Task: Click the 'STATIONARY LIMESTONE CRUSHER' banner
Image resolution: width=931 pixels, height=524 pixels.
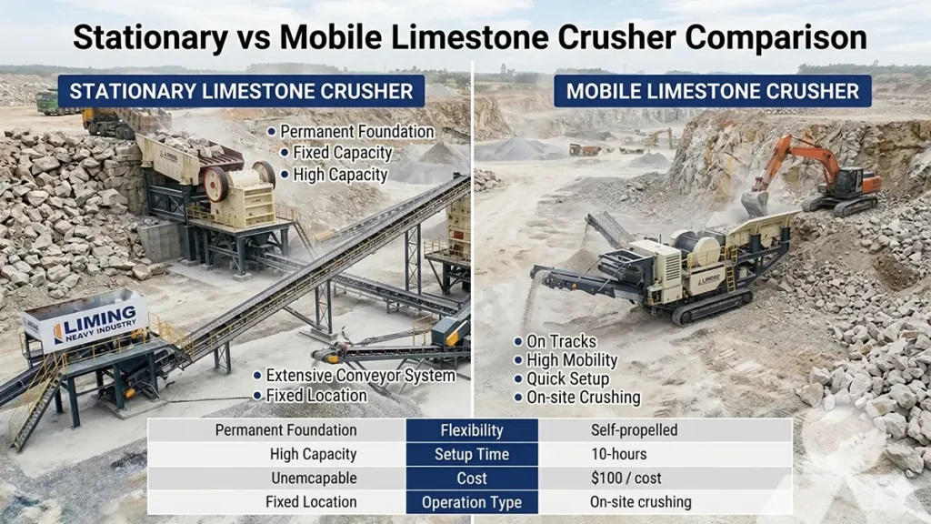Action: (x=241, y=91)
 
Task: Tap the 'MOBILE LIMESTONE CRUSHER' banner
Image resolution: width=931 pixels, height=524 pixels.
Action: (x=712, y=91)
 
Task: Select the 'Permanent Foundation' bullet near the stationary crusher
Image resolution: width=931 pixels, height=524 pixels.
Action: (x=356, y=132)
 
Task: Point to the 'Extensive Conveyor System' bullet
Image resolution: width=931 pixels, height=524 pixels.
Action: (x=360, y=376)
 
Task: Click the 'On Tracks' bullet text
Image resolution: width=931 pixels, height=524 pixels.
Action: (x=561, y=341)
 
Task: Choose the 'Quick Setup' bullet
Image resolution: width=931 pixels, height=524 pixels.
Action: (x=567, y=378)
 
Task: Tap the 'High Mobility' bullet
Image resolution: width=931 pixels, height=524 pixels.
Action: (x=572, y=360)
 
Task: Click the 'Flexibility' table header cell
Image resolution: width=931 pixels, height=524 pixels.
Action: (x=472, y=430)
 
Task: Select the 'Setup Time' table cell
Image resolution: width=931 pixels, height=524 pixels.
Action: (x=472, y=454)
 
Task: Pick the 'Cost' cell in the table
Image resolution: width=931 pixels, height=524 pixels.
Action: (x=472, y=478)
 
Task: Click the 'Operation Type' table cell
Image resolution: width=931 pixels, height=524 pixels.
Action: (x=472, y=502)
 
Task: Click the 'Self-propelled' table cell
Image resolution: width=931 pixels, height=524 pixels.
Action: (x=635, y=430)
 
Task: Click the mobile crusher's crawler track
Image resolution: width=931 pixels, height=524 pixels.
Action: (x=709, y=307)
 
